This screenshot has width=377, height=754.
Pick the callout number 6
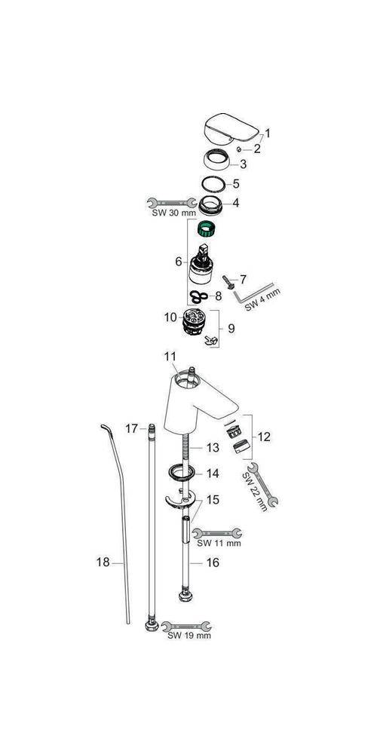pos(178,261)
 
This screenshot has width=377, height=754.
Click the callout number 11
pos(169,354)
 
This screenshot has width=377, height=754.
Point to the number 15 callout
pos(213,499)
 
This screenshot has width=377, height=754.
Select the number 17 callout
pos(132,428)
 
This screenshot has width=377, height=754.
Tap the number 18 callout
pos(103,562)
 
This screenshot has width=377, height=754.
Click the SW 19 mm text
pos(188,636)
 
